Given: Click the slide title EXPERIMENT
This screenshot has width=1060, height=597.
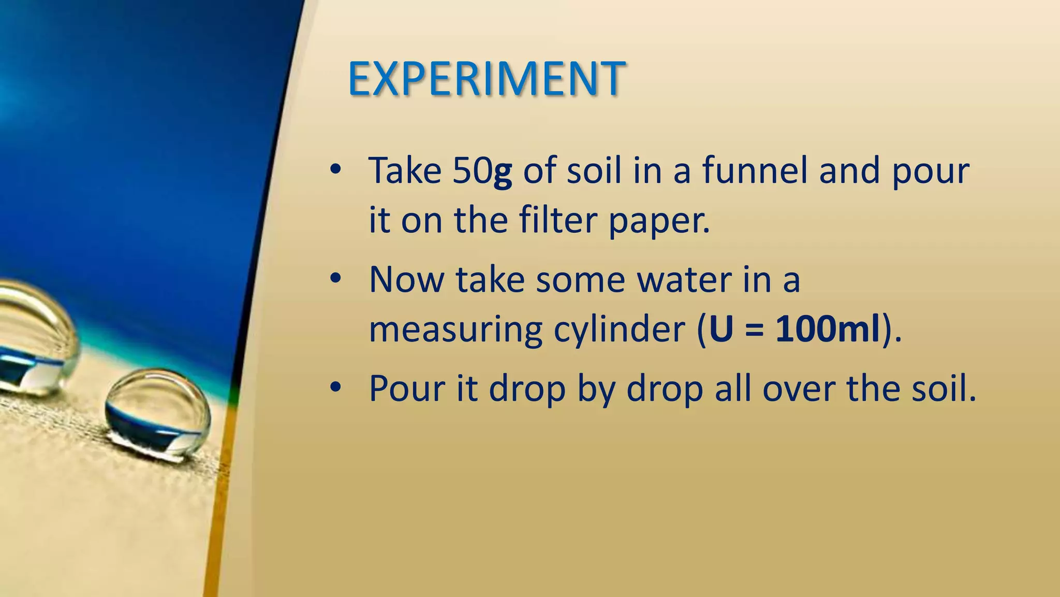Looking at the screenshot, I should click(x=487, y=79).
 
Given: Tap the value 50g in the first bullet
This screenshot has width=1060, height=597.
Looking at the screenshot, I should click(x=482, y=170).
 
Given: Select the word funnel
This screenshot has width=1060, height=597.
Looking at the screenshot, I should click(x=755, y=170).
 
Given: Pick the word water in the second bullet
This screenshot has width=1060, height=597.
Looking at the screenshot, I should click(x=684, y=280).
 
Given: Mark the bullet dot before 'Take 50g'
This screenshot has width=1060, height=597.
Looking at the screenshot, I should click(x=335, y=169).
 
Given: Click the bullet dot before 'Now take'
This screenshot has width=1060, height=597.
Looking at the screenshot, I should click(x=335, y=279).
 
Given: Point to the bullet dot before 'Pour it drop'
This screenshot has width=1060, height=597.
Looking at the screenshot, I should click(x=335, y=387).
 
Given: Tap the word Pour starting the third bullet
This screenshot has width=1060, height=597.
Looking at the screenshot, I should click(x=407, y=388).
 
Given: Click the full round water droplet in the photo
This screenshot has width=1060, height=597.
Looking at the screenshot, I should click(x=158, y=415).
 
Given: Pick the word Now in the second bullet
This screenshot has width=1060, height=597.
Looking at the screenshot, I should click(x=407, y=280).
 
